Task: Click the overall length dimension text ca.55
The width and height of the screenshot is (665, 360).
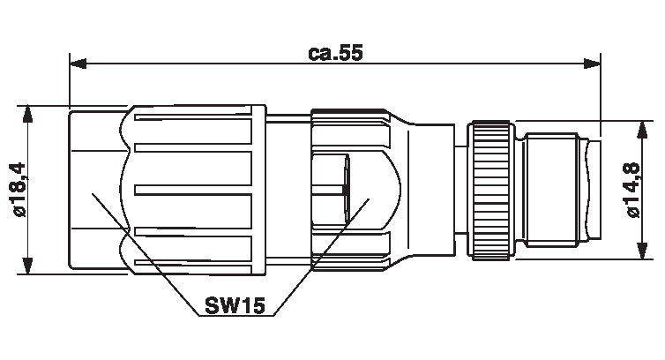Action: (x=335, y=52)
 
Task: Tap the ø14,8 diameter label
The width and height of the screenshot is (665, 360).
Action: (x=631, y=190)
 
